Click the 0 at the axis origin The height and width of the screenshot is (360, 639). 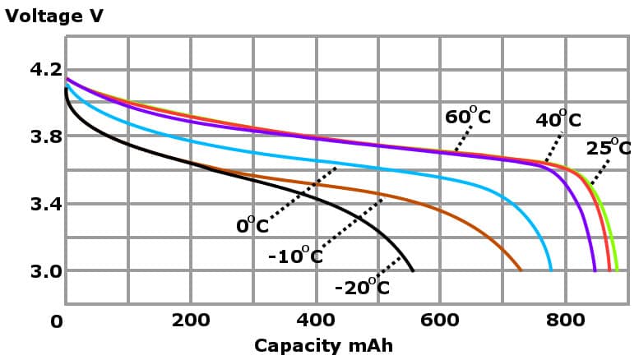click(56, 322)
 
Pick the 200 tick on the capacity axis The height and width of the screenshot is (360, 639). click(191, 321)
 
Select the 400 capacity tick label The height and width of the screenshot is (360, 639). click(316, 321)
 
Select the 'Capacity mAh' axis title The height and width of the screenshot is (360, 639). click(323, 345)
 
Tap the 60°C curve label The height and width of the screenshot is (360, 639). click(467, 117)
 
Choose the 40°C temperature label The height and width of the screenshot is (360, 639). click(558, 120)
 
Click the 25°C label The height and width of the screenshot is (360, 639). click(609, 148)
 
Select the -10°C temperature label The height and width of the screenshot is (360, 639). click(295, 256)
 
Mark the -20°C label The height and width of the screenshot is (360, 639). click(362, 287)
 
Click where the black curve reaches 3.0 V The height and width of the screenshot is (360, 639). click(413, 270)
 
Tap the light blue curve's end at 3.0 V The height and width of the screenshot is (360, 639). click(550, 270)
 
